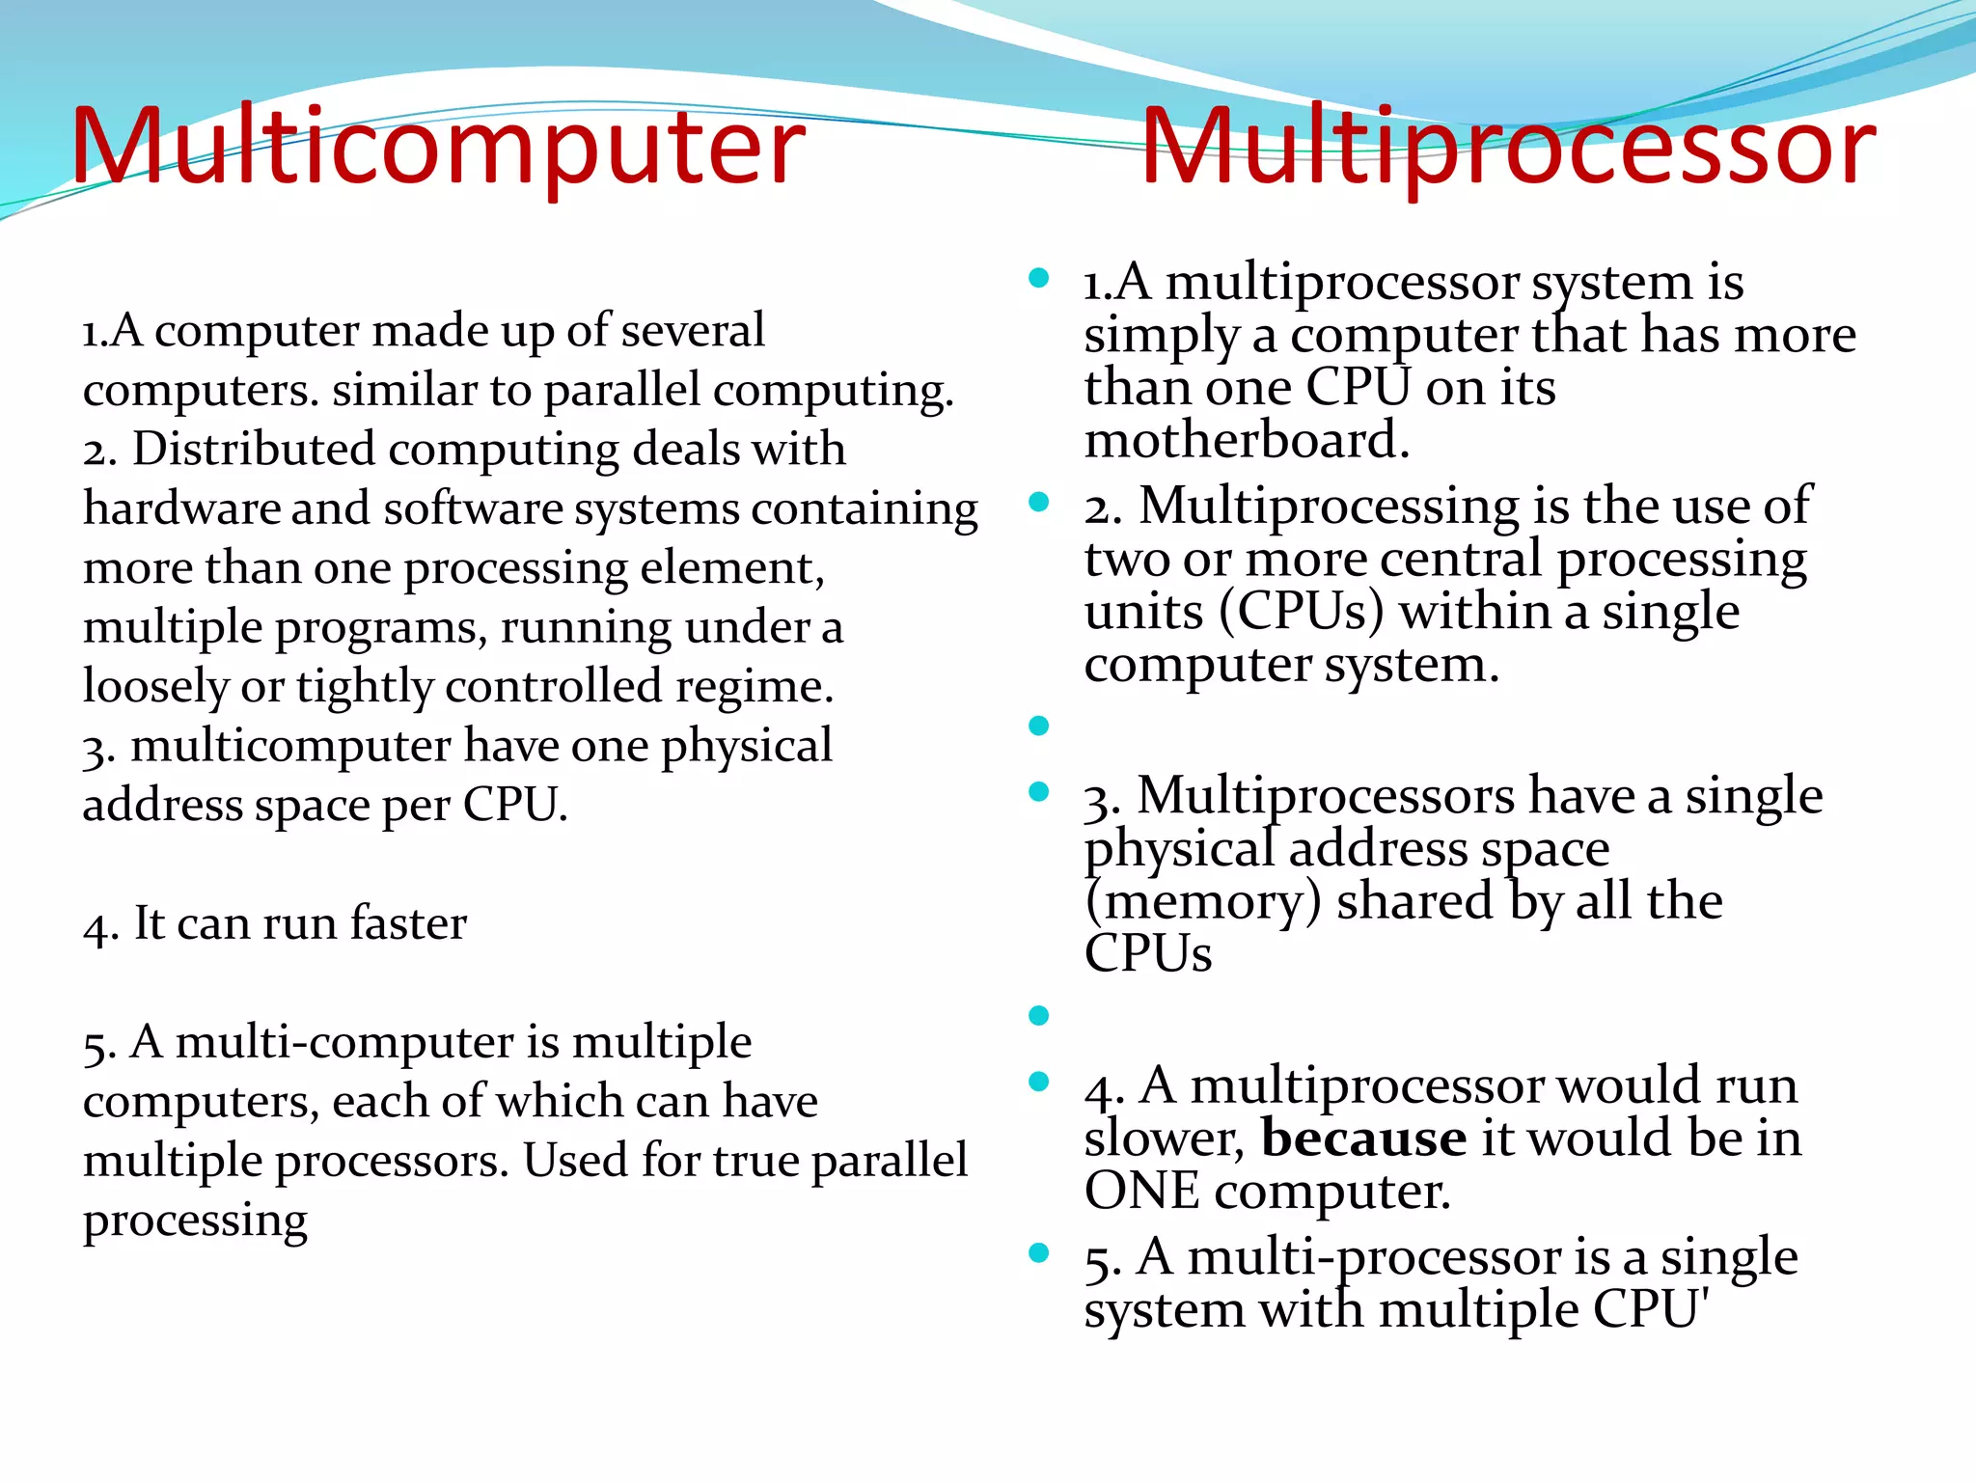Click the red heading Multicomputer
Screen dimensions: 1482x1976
pyautogui.click(x=437, y=147)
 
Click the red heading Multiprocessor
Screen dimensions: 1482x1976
pyautogui.click(x=1508, y=147)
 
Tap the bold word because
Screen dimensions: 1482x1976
pyautogui.click(x=1363, y=1139)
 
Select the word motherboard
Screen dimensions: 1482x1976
pyautogui.click(x=1246, y=440)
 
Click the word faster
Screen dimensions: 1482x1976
pyautogui.click(x=408, y=923)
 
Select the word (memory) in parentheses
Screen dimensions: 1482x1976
pyautogui.click(x=1202, y=902)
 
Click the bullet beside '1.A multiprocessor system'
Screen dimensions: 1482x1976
pyautogui.click(x=1038, y=280)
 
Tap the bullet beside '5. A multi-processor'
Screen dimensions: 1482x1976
pyautogui.click(x=1038, y=1253)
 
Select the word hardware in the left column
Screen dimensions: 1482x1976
pyautogui.click(x=180, y=508)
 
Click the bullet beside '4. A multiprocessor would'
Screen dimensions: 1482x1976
pyautogui.click(x=1038, y=1082)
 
